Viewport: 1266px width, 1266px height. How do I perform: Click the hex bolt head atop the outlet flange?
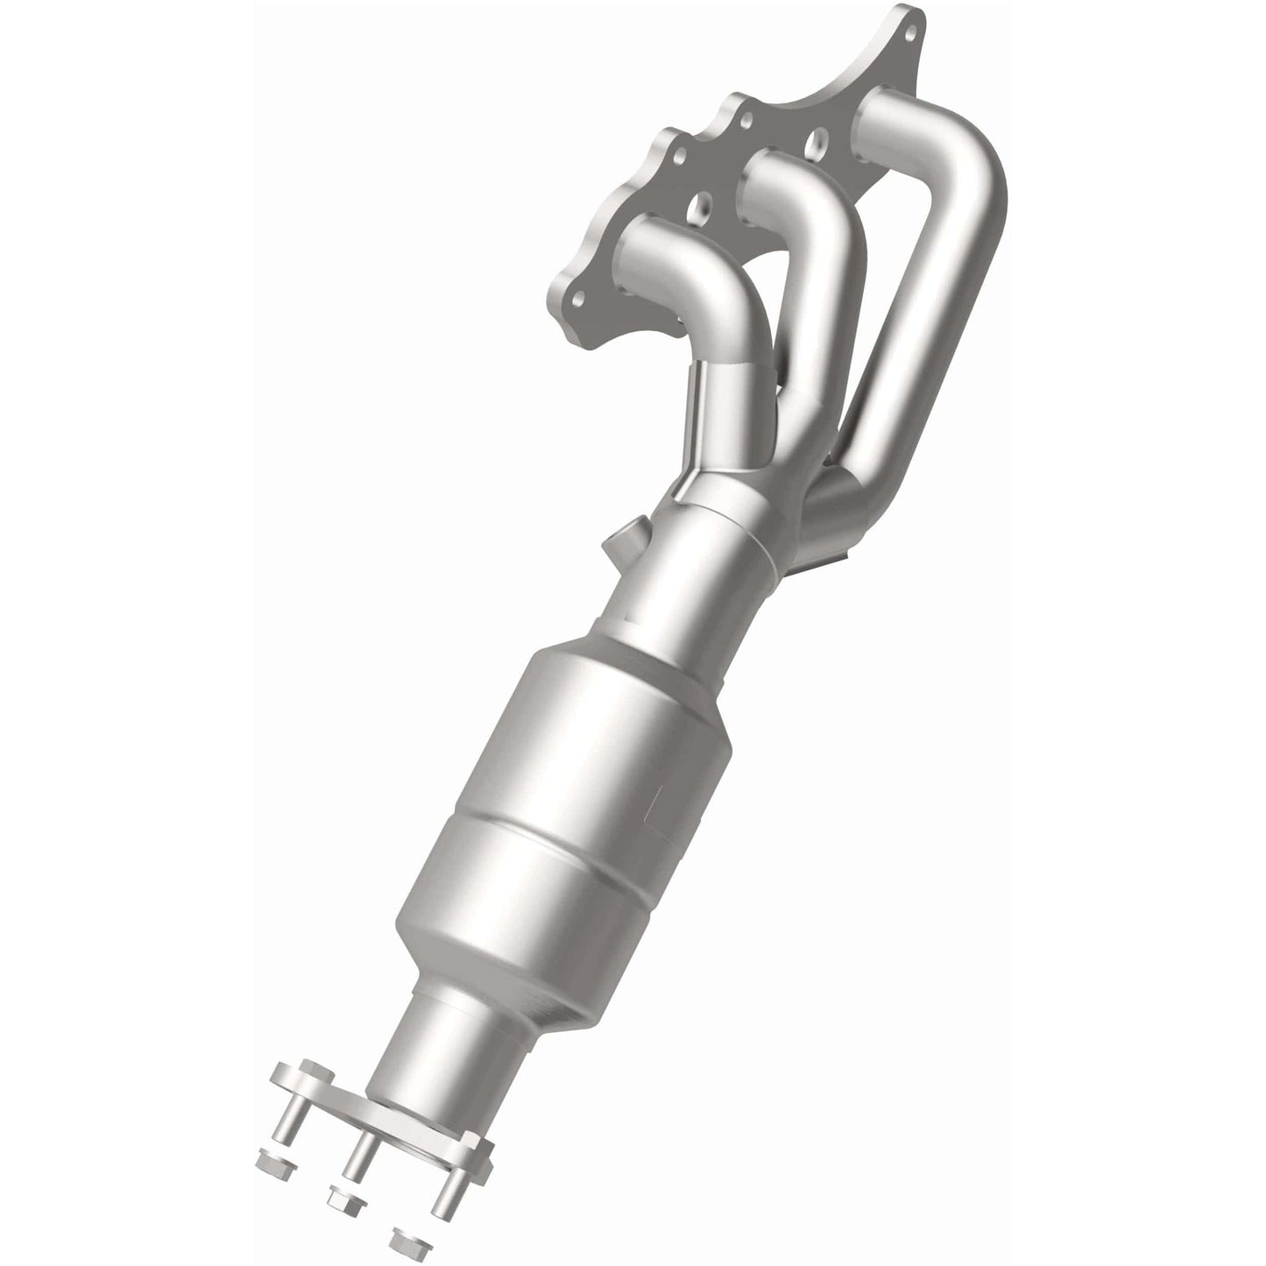click(311, 1073)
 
